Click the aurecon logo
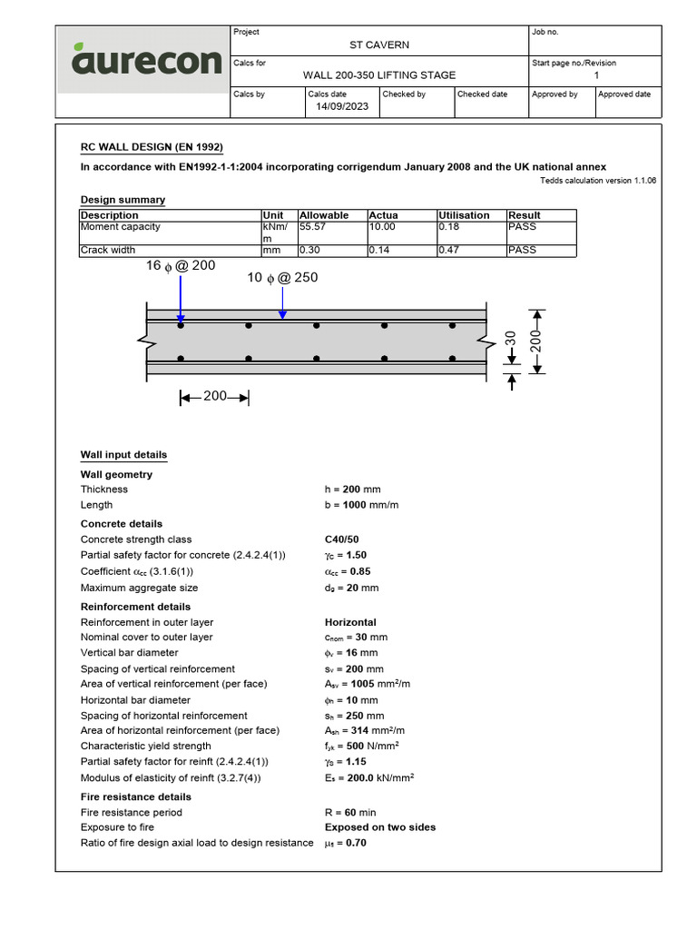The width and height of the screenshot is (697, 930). click(146, 61)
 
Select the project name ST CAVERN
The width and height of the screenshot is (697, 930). click(379, 45)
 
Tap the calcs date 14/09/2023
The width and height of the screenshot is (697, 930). click(341, 106)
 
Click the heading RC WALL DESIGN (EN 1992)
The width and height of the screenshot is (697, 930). click(152, 147)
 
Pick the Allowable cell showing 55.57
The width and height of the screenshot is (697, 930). click(313, 227)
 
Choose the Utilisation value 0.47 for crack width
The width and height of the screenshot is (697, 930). click(449, 250)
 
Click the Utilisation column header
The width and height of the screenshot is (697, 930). click(464, 215)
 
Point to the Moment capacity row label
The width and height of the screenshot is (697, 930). click(120, 227)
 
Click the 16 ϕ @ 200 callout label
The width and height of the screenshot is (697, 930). click(181, 267)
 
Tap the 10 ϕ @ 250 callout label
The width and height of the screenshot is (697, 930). click(282, 278)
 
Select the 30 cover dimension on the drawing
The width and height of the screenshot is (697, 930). click(510, 338)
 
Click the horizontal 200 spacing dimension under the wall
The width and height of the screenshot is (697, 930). click(215, 397)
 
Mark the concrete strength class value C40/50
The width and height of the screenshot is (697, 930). click(341, 539)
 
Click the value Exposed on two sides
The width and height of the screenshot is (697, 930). click(380, 827)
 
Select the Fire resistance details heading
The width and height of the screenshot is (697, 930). click(136, 796)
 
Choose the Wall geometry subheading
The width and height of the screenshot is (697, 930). click(116, 474)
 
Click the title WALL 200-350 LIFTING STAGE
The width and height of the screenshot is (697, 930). click(379, 75)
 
